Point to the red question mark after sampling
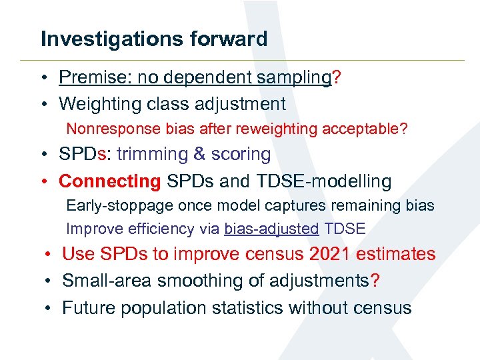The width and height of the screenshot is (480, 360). pyautogui.click(x=337, y=78)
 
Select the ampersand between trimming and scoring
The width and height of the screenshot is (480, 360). pyautogui.click(x=199, y=154)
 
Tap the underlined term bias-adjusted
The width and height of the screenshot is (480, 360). pyautogui.click(x=271, y=229)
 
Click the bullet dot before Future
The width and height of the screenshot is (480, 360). pyautogui.click(x=49, y=308)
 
